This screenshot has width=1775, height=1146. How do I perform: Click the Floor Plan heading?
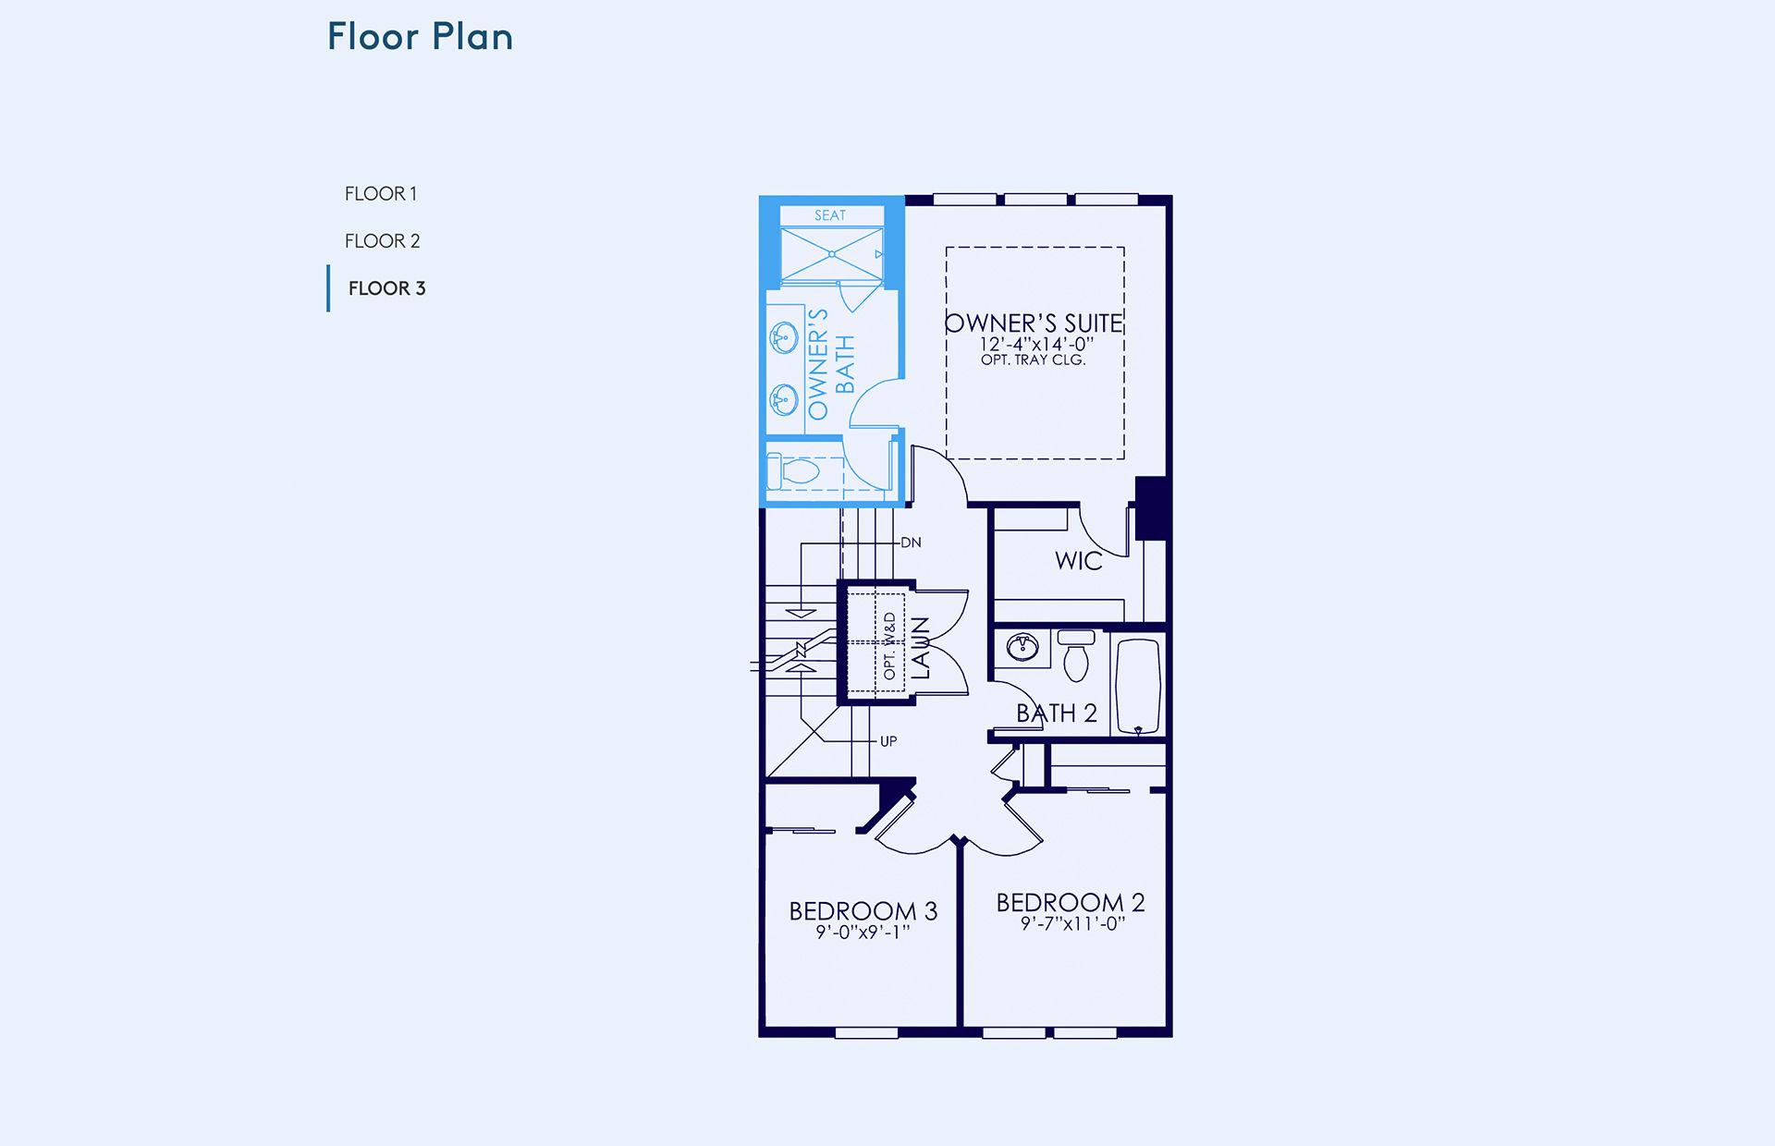pyautogui.click(x=420, y=37)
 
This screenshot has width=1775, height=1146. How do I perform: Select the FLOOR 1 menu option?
pyautogui.click(x=381, y=194)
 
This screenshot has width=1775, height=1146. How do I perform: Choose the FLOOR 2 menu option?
pyautogui.click(x=382, y=241)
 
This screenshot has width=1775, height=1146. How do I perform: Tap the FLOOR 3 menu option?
pyautogui.click(x=386, y=288)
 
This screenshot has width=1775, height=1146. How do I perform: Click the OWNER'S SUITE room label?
pyautogui.click(x=1034, y=323)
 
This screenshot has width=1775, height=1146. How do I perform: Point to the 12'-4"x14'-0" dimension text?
pyautogui.click(x=1036, y=344)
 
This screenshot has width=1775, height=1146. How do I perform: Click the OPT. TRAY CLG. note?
pyautogui.click(x=1033, y=360)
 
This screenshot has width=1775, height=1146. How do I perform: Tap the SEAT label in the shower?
pyautogui.click(x=830, y=215)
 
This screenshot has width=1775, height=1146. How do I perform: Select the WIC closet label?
pyautogui.click(x=1079, y=561)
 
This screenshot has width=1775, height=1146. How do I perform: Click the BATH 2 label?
pyautogui.click(x=1057, y=713)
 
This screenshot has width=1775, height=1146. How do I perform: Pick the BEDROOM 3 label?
pyautogui.click(x=863, y=911)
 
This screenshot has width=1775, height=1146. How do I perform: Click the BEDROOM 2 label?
pyautogui.click(x=1071, y=902)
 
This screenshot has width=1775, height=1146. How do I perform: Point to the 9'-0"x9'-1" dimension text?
pyautogui.click(x=863, y=933)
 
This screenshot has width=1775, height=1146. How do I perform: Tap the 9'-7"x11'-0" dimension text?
pyautogui.click(x=1072, y=923)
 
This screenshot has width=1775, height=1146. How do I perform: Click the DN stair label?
pyautogui.click(x=912, y=543)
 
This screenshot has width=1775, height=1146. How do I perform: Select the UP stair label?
pyautogui.click(x=888, y=741)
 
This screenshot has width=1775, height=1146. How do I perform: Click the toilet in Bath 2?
pyautogui.click(x=1076, y=655)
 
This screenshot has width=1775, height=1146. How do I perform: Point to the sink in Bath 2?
pyautogui.click(x=1022, y=647)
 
